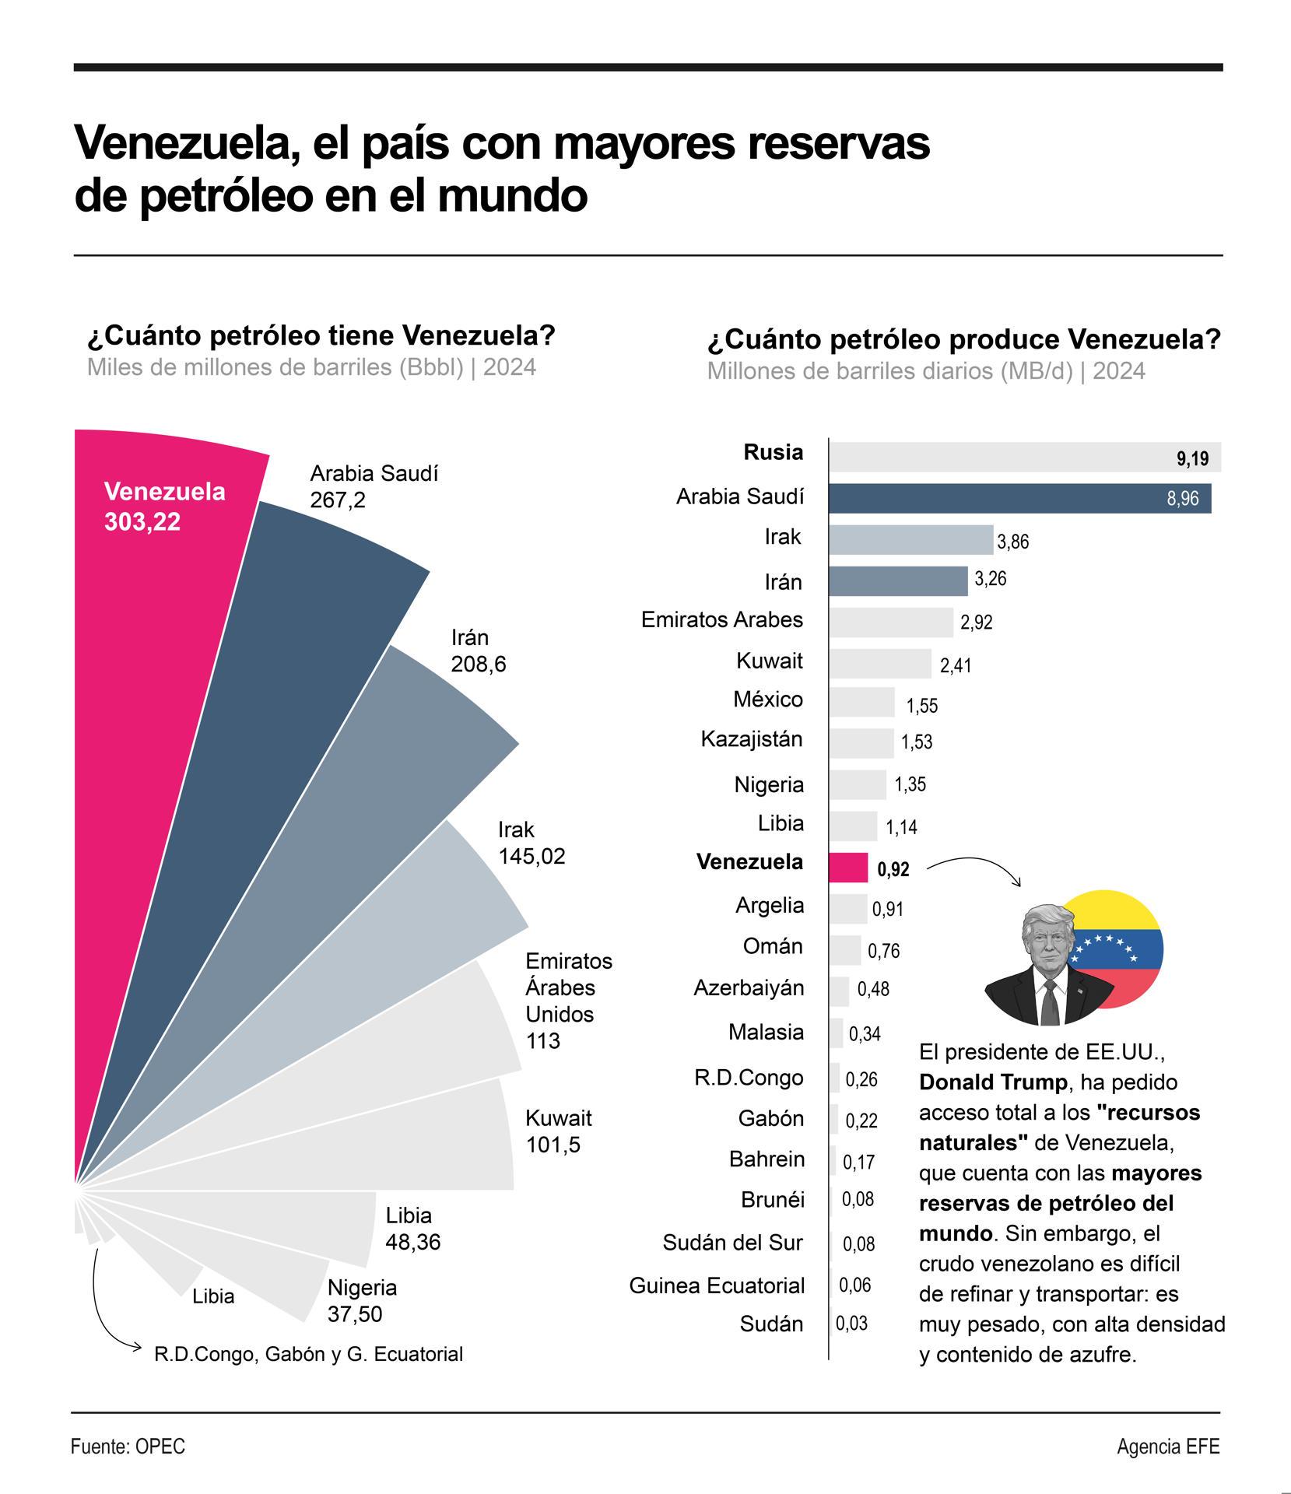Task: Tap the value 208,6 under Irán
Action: [478, 665]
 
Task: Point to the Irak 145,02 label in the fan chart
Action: [531, 843]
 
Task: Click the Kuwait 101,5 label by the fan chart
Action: [558, 1131]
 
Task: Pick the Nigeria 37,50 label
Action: [362, 1300]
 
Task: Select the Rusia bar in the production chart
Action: [1024, 458]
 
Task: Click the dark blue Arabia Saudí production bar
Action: [1019, 498]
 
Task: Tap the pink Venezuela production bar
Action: [848, 868]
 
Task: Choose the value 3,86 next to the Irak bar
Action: [1012, 542]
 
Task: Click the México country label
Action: [767, 700]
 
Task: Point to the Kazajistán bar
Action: [861, 743]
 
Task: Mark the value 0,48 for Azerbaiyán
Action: [872, 989]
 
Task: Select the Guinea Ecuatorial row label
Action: [717, 1285]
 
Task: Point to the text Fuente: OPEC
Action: [128, 1447]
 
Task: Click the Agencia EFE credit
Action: [1168, 1447]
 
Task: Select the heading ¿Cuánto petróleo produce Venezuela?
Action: [963, 340]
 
